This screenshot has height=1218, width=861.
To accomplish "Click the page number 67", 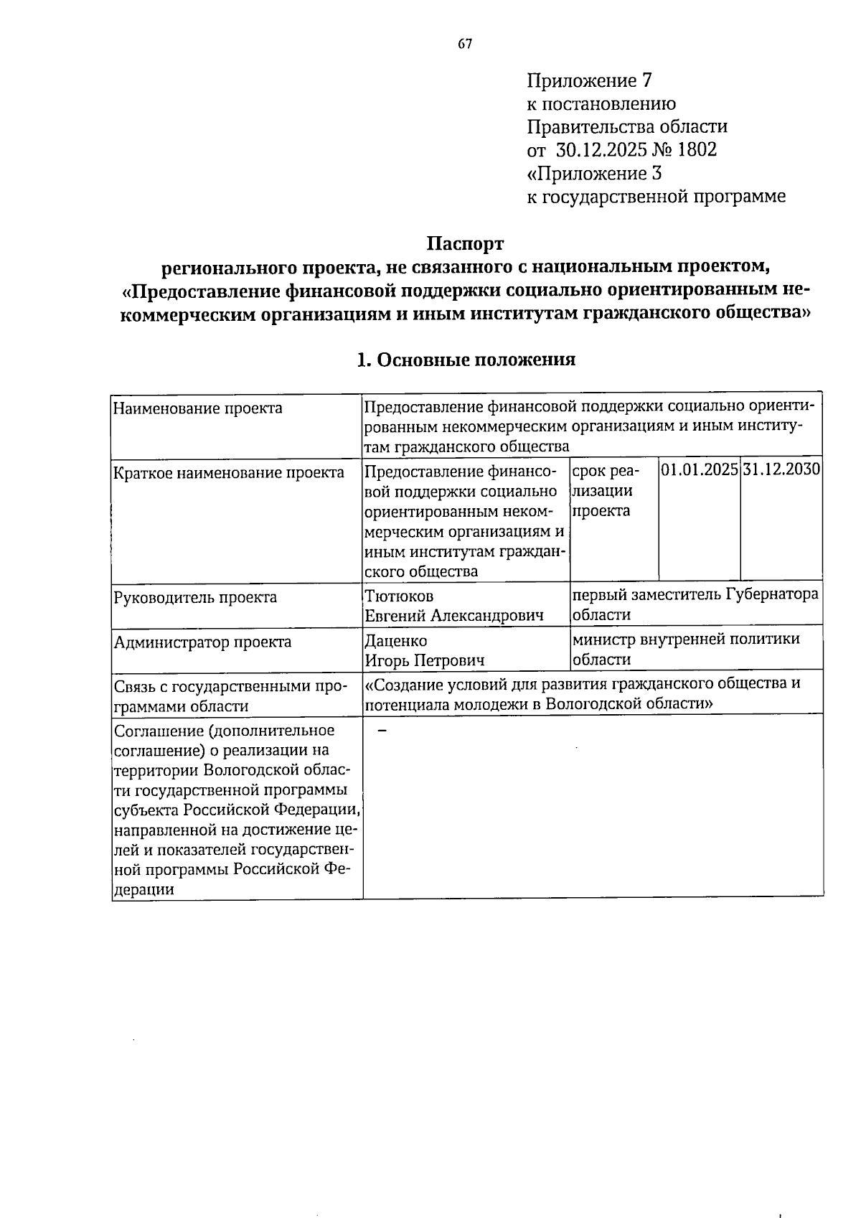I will click(x=465, y=44).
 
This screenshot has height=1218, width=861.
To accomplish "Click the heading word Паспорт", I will click(x=466, y=243).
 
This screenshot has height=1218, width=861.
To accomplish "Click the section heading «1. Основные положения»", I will click(x=466, y=360).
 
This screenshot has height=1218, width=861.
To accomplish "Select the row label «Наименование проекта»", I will click(x=198, y=408).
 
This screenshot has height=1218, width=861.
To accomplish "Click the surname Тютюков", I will click(x=400, y=596).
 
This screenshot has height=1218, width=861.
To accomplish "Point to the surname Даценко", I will click(x=396, y=640).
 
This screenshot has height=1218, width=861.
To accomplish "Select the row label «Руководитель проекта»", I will click(x=196, y=597).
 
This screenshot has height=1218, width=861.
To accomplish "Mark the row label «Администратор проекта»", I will click(x=203, y=642).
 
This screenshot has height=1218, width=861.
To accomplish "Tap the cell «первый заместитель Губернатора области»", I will click(x=695, y=604).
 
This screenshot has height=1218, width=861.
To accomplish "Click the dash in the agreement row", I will click(x=382, y=731).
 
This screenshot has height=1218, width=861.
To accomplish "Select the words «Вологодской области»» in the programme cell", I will click(x=629, y=704).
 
